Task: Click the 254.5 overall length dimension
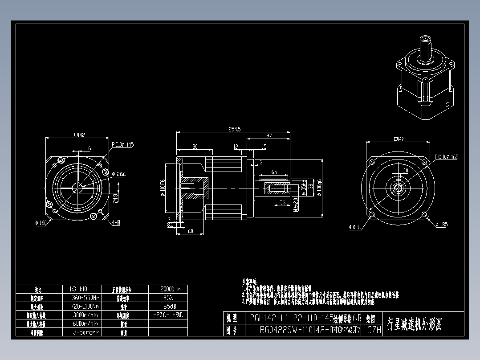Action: click(x=234, y=129)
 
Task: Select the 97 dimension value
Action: click(x=269, y=135)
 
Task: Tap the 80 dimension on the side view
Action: click(x=195, y=147)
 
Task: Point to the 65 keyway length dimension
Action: click(x=274, y=172)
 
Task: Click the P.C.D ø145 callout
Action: click(x=122, y=144)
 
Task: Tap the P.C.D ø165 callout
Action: click(x=446, y=157)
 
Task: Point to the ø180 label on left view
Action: click(x=41, y=223)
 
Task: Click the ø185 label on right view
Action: click(x=441, y=225)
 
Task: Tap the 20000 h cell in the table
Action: click(x=167, y=289)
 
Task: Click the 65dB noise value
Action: click(x=167, y=307)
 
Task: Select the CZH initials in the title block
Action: click(x=374, y=330)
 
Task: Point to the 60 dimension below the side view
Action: click(x=191, y=231)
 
